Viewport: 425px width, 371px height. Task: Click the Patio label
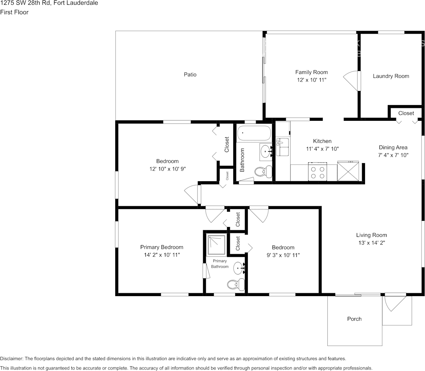tap(190, 75)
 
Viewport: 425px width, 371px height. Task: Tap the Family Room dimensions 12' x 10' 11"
tap(311, 80)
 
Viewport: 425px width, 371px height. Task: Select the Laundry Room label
tap(390, 76)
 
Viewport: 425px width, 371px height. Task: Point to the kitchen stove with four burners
tap(318, 172)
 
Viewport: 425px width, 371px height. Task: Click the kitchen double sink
tap(282, 147)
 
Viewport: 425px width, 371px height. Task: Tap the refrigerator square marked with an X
tap(348, 171)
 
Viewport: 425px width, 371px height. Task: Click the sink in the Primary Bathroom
tap(239, 269)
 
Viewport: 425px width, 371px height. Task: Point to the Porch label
tap(354, 319)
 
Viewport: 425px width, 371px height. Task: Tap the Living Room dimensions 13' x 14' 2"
tap(371, 243)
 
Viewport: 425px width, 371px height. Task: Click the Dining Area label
tap(393, 147)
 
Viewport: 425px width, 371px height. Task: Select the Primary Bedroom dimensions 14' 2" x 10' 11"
tap(162, 255)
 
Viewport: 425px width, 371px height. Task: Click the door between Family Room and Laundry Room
tap(352, 80)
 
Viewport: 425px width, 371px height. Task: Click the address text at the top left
tap(49, 3)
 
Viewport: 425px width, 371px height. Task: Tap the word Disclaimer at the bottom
tap(11, 358)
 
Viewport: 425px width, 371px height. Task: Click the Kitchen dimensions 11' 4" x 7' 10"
tap(322, 149)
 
